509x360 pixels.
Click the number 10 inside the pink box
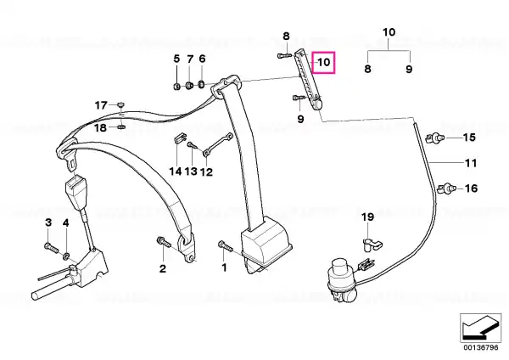tap(324, 62)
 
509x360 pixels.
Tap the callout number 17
tap(101, 105)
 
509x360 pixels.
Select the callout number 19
tap(368, 217)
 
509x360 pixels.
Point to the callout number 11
tap(471, 163)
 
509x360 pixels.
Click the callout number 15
tap(469, 138)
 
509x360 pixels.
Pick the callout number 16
tap(472, 188)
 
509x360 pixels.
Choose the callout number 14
tap(176, 171)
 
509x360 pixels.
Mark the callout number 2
tap(163, 268)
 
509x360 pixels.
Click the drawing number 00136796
tap(481, 347)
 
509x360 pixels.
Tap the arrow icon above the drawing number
tap(480, 328)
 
